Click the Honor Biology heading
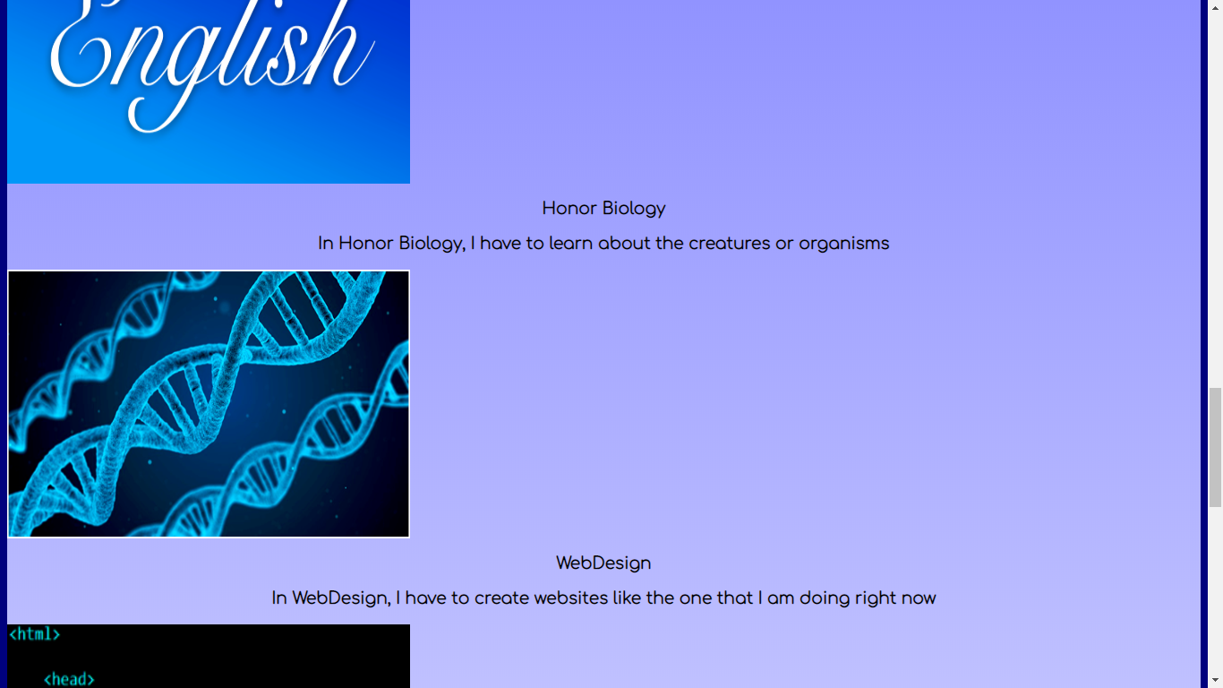pyautogui.click(x=603, y=209)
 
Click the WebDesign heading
pyautogui.click(x=603, y=563)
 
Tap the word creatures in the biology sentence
pyautogui.click(x=729, y=243)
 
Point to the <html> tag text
pyautogui.click(x=34, y=634)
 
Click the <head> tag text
pyautogui.click(x=69, y=679)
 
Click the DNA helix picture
pyautogui.click(x=209, y=404)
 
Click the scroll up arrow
pyautogui.click(x=1215, y=8)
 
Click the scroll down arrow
pyautogui.click(x=1215, y=680)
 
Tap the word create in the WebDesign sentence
pyautogui.click(x=501, y=598)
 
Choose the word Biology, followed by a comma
pyautogui.click(x=432, y=244)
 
